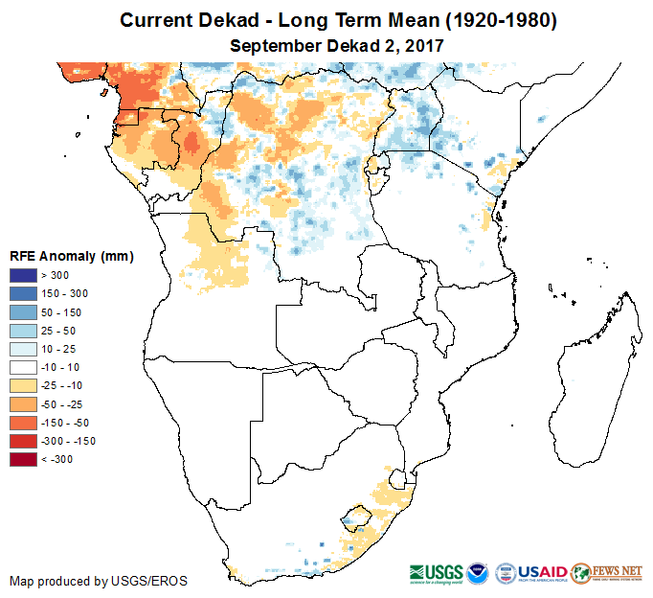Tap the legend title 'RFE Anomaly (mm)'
(71, 256)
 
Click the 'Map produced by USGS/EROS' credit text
(99, 581)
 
